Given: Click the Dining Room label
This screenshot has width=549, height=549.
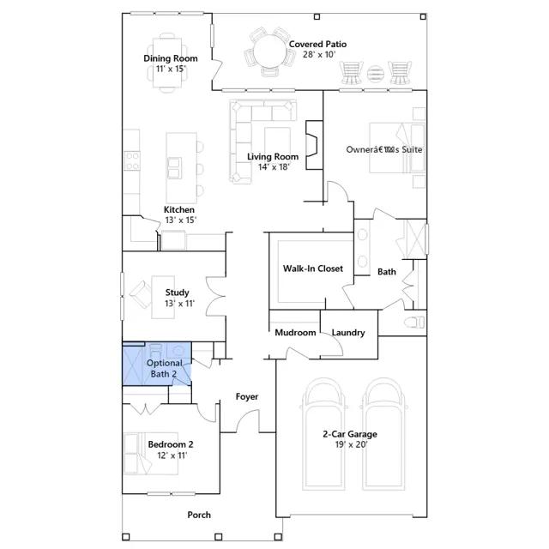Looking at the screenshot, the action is pyautogui.click(x=171, y=58).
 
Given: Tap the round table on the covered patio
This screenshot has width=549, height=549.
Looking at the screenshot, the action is pyautogui.click(x=269, y=51).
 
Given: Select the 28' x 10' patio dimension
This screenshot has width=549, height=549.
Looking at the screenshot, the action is pyautogui.click(x=319, y=54).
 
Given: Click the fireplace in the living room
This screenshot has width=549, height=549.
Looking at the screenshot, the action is pyautogui.click(x=314, y=145).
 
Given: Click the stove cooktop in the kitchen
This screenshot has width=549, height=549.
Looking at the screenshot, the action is pyautogui.click(x=132, y=160).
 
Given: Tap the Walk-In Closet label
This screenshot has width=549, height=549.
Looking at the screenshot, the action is pyautogui.click(x=312, y=268).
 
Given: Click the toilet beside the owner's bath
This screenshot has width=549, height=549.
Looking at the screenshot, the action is pyautogui.click(x=414, y=323).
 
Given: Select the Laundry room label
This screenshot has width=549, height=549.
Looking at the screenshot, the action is pyautogui.click(x=348, y=333).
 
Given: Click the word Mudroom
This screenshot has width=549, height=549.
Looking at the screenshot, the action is pyautogui.click(x=295, y=332).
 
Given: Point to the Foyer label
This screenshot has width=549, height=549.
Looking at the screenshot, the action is pyautogui.click(x=247, y=396).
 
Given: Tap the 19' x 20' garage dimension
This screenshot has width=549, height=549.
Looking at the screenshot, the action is pyautogui.click(x=351, y=444).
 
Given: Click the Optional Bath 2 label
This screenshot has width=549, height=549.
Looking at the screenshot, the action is pyautogui.click(x=164, y=368).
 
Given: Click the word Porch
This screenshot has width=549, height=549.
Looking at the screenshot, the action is pyautogui.click(x=199, y=515).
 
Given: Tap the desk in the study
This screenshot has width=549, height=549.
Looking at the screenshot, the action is pyautogui.click(x=163, y=298).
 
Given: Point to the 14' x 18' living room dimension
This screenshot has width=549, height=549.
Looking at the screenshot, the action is pyautogui.click(x=274, y=167).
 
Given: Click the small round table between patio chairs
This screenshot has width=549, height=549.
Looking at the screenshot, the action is pyautogui.click(x=376, y=74).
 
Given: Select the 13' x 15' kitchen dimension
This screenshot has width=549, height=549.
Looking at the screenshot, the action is pyautogui.click(x=181, y=220).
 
